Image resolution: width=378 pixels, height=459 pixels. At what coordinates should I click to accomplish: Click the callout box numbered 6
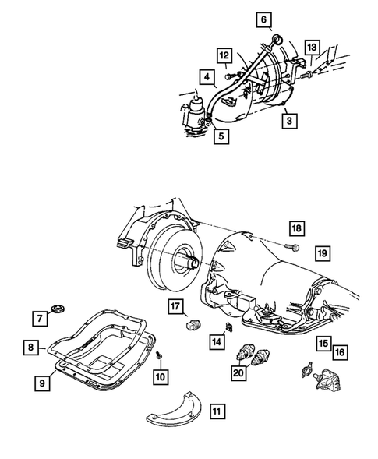coord(263,19)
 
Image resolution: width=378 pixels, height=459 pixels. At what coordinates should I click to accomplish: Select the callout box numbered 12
coord(224,55)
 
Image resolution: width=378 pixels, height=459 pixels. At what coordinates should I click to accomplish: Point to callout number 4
coord(207,77)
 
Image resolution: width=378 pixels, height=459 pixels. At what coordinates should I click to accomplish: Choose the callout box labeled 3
coord(288,120)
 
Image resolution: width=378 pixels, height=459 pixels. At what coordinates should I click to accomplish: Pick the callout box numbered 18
coord(296,228)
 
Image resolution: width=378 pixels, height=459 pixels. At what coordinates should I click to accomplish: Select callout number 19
coord(321,252)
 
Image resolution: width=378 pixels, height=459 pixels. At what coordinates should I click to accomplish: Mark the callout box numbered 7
coord(37,317)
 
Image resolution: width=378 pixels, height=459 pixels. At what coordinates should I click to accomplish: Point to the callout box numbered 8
coord(29,348)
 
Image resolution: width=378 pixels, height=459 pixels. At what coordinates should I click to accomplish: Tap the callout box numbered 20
coord(239,374)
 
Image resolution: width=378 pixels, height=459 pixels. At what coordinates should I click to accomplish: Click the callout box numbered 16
coord(341,353)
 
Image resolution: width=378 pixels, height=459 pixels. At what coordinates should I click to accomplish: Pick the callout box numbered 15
coord(322,343)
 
